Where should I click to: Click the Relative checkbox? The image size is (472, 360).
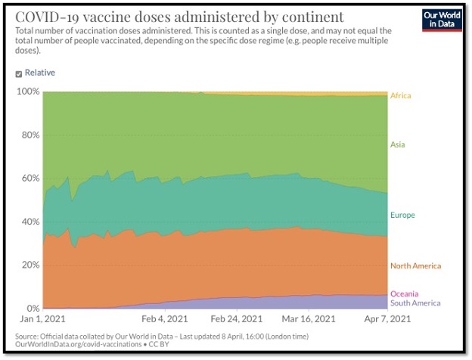(x=19, y=73)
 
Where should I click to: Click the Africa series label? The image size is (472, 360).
(x=400, y=96)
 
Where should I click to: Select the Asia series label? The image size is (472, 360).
(x=398, y=144)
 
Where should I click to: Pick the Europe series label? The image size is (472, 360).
(x=402, y=216)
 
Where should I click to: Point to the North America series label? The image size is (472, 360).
(x=415, y=266)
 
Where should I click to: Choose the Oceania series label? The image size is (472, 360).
(x=404, y=293)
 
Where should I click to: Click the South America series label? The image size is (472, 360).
(x=415, y=303)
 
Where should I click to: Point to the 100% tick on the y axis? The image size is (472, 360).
(x=27, y=92)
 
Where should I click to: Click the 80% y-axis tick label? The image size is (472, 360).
(x=29, y=135)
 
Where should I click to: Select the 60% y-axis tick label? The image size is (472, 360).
(x=29, y=178)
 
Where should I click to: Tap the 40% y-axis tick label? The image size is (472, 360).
(x=29, y=222)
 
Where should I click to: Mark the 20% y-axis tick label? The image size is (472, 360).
(x=29, y=265)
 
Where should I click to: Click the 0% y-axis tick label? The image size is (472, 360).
(x=32, y=309)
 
